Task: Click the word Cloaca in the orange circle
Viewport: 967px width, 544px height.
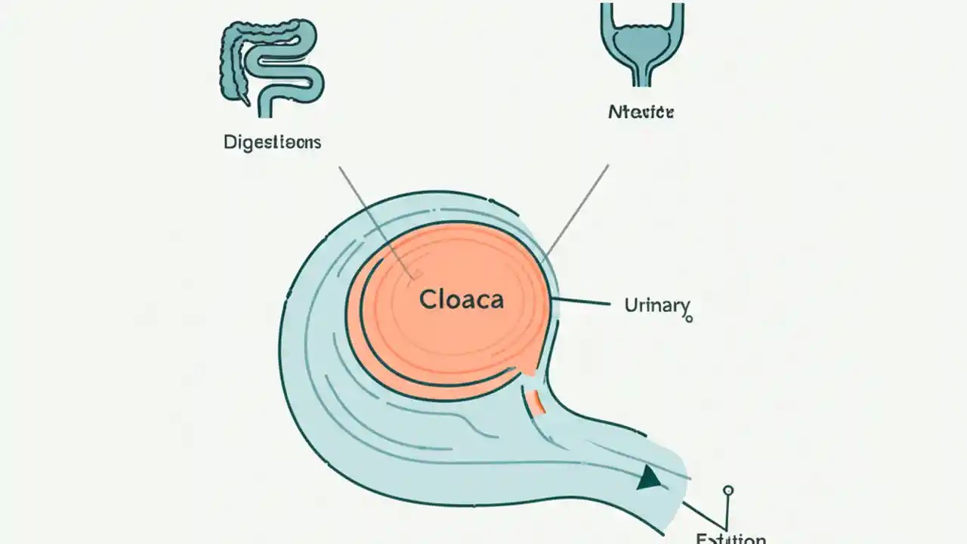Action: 461,300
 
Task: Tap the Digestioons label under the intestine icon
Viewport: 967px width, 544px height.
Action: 272,142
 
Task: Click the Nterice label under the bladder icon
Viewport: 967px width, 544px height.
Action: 641,113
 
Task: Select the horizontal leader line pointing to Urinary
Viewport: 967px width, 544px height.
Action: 582,302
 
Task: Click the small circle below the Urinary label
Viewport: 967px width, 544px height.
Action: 688,319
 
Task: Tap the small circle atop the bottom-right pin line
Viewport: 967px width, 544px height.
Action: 728,490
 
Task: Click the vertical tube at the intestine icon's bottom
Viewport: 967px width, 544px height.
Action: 266,102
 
